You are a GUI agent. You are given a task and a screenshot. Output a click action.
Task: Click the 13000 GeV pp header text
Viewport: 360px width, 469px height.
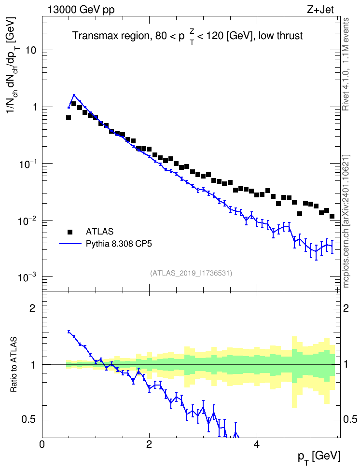pos(81,10)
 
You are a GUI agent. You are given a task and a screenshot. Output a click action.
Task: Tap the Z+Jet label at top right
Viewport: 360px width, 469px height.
pos(320,10)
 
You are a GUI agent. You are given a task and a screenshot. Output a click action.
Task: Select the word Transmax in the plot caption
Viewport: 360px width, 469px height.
pos(91,36)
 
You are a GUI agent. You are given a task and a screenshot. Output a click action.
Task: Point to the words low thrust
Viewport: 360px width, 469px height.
pos(281,36)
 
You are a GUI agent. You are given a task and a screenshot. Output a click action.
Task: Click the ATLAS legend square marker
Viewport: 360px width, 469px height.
pos(70,232)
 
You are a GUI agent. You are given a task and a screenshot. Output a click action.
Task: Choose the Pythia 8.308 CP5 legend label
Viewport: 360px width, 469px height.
pos(119,244)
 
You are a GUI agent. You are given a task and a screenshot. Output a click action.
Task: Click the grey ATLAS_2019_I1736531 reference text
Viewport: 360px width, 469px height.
pos(191,273)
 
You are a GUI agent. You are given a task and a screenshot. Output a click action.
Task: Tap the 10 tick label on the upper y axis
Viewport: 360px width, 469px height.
pos(30,50)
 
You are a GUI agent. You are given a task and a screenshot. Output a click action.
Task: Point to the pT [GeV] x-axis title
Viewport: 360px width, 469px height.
pos(319,457)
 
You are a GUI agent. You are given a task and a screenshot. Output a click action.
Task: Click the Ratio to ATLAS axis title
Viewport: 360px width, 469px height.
pos(14,365)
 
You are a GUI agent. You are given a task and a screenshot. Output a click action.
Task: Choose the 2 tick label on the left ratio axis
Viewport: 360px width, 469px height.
pos(32,308)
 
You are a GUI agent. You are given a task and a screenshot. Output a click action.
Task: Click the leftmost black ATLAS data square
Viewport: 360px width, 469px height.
pos(69,118)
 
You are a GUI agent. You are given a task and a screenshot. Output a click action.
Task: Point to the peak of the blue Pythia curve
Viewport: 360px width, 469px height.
pos(74,95)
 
